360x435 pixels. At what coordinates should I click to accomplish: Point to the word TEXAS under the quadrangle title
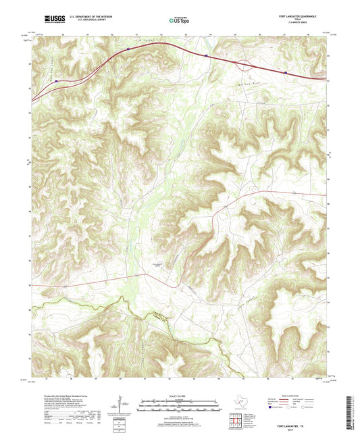[315, 18]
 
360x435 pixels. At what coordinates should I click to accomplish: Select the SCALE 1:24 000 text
[180, 396]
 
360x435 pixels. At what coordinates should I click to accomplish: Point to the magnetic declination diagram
[120, 405]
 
